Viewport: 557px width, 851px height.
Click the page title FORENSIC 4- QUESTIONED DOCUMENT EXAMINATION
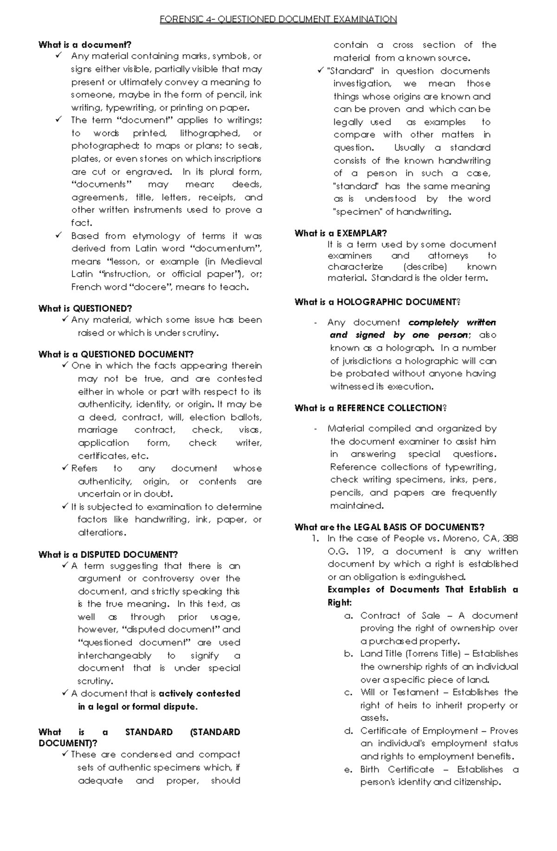click(x=278, y=19)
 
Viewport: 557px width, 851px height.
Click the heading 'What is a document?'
click(x=85, y=45)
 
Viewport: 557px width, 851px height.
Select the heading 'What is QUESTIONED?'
click(x=85, y=308)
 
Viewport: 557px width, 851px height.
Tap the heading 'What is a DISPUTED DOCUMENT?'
click(x=108, y=555)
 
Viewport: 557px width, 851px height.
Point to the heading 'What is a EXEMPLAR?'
click(x=341, y=233)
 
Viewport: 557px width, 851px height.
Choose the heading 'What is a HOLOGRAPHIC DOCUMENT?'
click(x=377, y=302)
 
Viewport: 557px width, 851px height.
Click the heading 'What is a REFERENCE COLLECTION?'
click(x=370, y=408)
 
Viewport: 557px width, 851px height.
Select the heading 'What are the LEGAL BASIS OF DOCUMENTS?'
click(x=389, y=527)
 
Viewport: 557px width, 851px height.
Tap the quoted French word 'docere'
click(x=150, y=287)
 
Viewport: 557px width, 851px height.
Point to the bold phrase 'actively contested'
click(x=200, y=694)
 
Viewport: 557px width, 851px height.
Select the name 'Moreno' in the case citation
click(x=462, y=538)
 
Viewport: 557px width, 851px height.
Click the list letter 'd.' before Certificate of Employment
click(x=349, y=731)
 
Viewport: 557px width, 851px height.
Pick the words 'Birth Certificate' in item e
click(x=397, y=769)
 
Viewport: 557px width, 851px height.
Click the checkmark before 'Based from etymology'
click(x=59, y=235)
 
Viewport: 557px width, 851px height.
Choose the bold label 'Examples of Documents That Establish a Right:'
click(x=422, y=595)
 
